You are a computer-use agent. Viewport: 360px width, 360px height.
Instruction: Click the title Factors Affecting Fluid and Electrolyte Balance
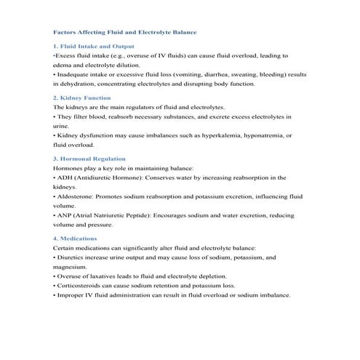125,32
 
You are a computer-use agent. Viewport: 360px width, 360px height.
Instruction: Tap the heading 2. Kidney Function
82,97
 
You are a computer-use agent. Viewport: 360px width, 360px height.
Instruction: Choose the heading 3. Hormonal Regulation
89,158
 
